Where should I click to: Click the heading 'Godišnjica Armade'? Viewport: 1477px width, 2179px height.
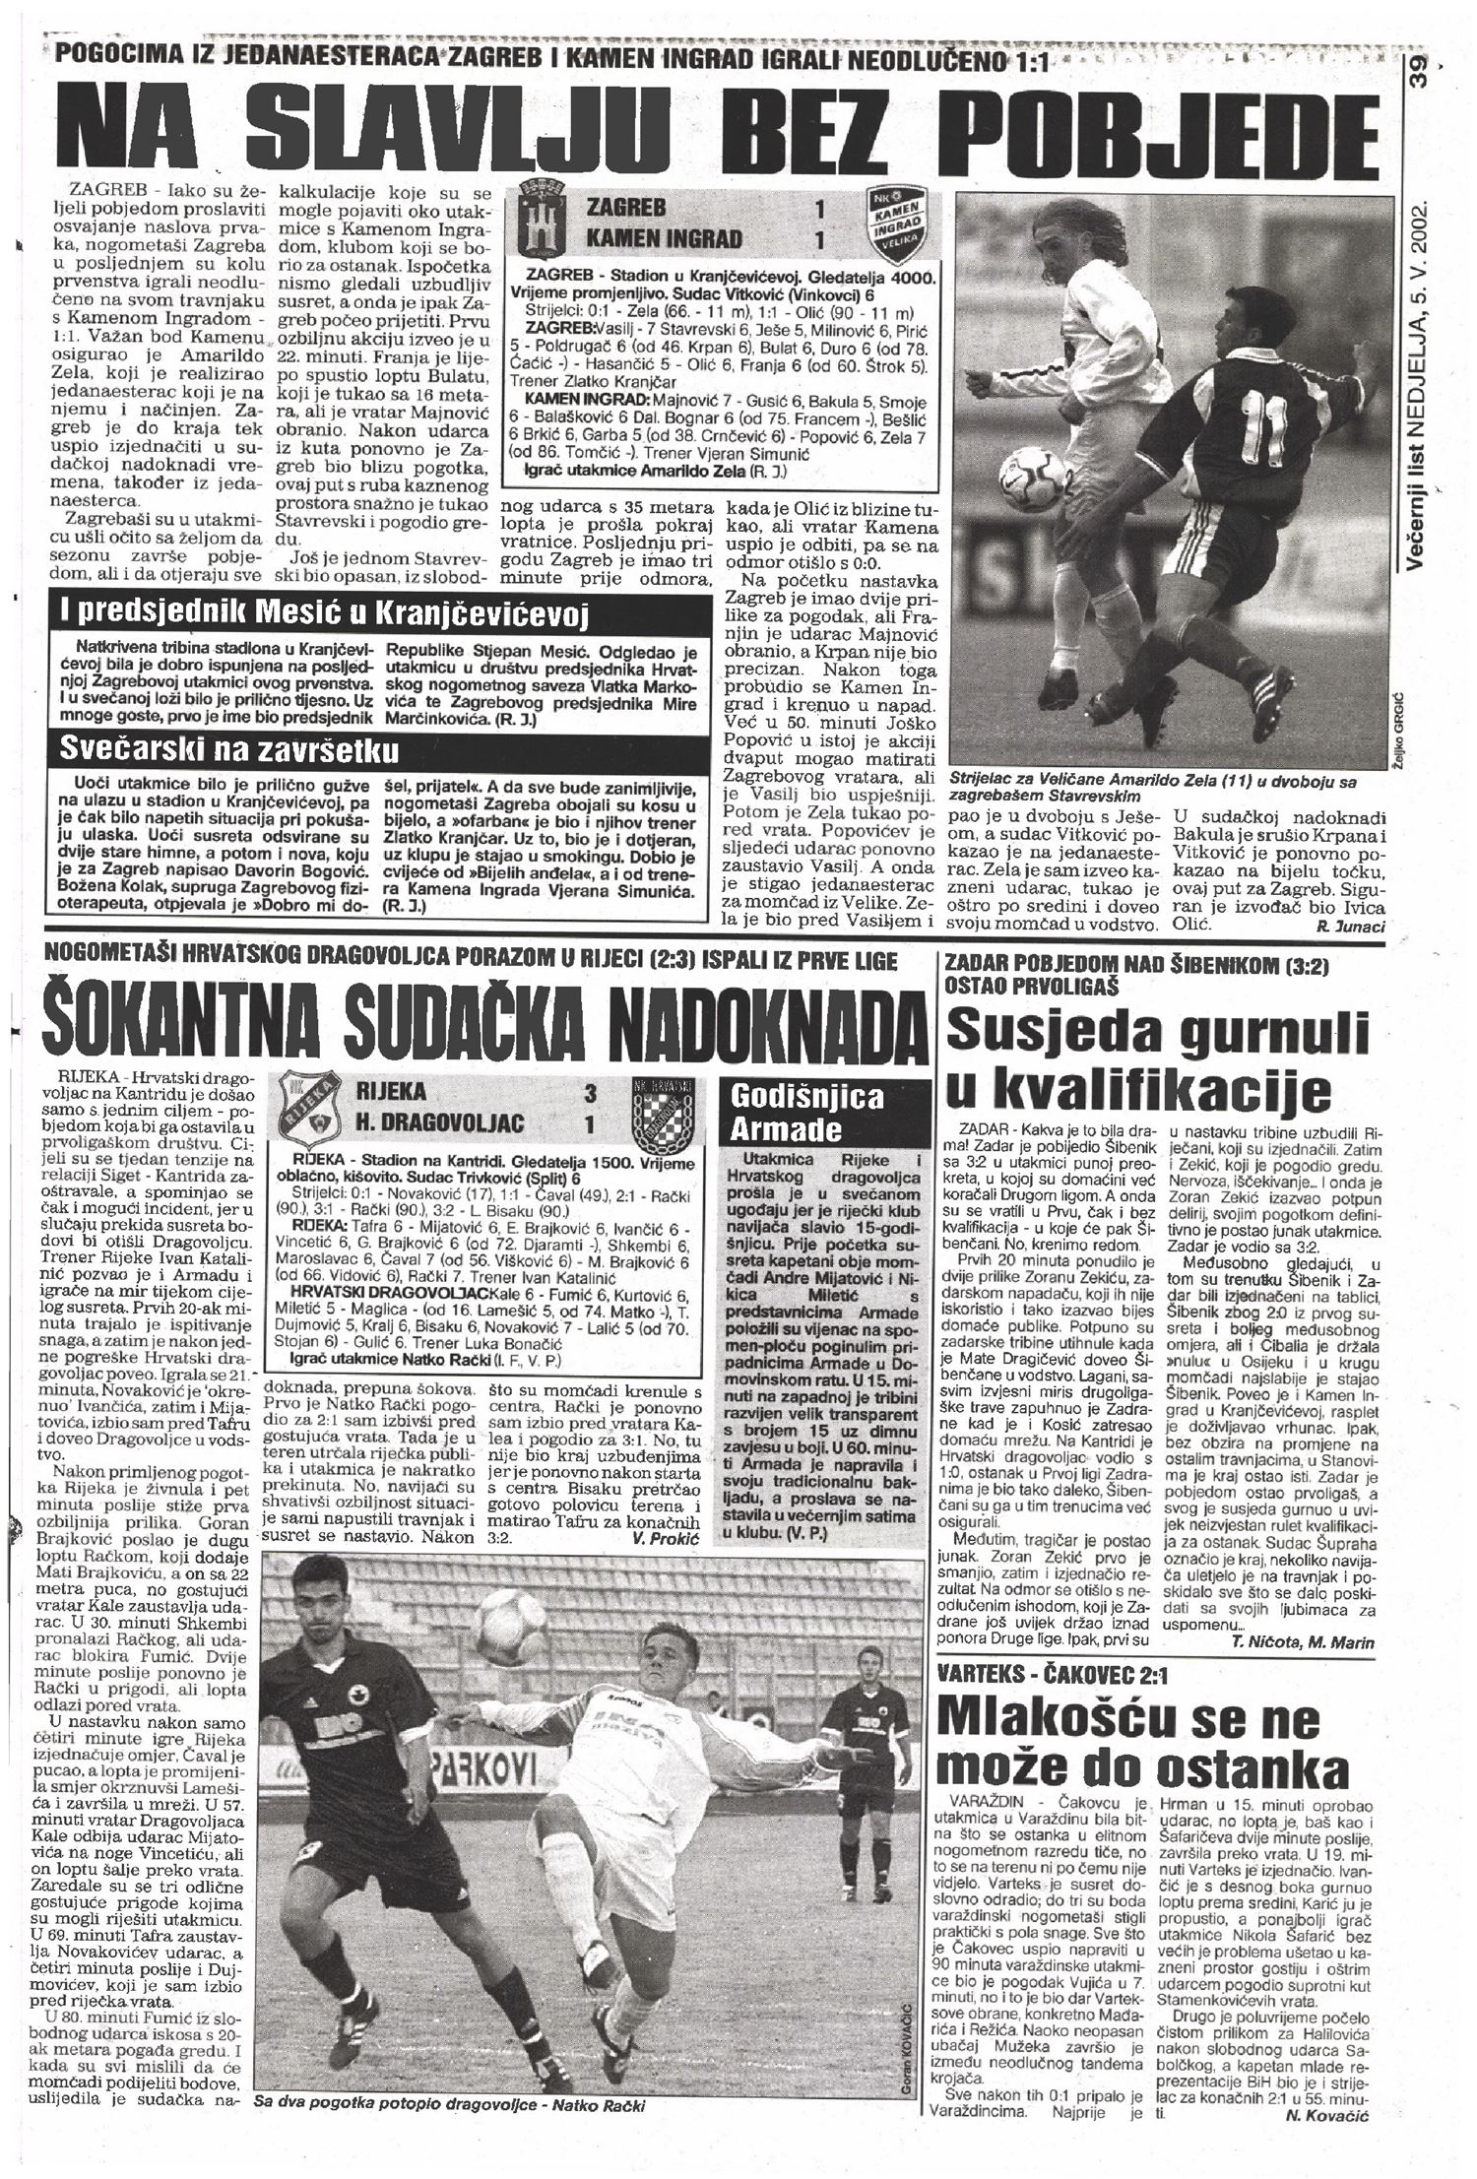pyautogui.click(x=806, y=1112)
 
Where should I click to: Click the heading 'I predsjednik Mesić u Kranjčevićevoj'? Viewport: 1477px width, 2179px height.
pyautogui.click(x=325, y=615)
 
